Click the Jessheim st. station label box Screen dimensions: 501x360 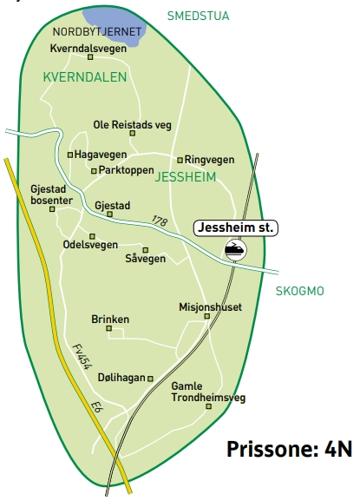coord(234,228)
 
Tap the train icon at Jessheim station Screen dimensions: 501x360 coord(234,250)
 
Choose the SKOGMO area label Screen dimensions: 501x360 coord(298,291)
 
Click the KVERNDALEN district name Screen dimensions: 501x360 coord(84,77)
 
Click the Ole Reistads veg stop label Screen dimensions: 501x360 coord(133,125)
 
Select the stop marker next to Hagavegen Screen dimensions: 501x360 coord(70,155)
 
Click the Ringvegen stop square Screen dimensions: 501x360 coord(180,160)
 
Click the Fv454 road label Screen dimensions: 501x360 coord(81,357)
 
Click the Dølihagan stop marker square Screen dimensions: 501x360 coord(151,379)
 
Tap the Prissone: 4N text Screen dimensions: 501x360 coord(289,449)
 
